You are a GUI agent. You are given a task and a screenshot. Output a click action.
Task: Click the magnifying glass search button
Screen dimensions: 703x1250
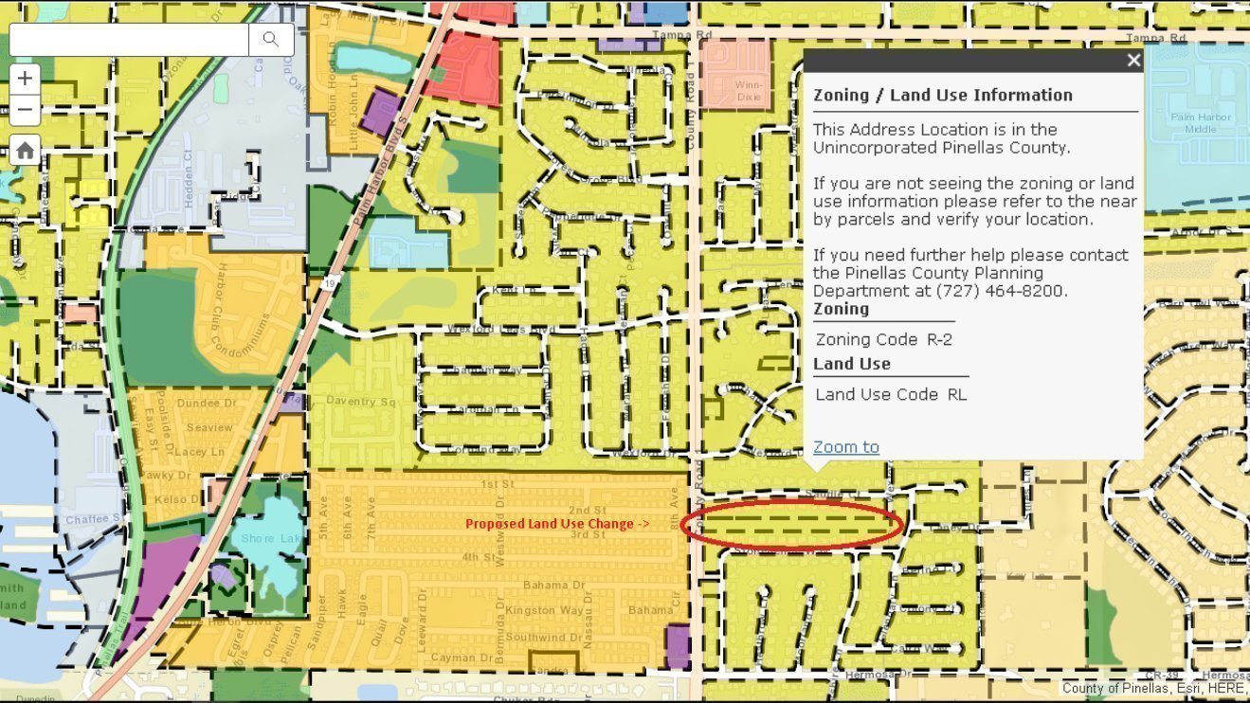tap(271, 39)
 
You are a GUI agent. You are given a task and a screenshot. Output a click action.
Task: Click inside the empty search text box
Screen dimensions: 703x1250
tap(129, 39)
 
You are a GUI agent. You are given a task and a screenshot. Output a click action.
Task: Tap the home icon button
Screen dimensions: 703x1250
tap(26, 150)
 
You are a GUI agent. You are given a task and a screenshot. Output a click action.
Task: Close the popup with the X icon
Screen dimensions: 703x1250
tap(1133, 61)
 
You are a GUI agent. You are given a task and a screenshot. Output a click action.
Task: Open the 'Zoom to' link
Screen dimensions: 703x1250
tap(845, 446)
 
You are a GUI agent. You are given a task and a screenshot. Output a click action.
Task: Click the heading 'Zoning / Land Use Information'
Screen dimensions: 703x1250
tap(942, 95)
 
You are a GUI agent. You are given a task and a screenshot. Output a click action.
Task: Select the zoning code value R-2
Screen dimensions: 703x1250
tap(939, 339)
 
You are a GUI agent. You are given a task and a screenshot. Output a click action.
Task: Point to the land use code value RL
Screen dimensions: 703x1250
tap(956, 394)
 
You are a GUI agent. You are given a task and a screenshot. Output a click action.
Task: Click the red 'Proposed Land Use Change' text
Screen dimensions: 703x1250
tap(556, 523)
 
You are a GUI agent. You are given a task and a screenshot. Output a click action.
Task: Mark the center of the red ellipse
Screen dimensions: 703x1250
tap(792, 524)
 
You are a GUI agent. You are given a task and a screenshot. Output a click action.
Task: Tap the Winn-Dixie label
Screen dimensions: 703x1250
tap(735, 89)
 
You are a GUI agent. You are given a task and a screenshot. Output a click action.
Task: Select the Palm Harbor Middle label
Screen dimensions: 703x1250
tap(1200, 122)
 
